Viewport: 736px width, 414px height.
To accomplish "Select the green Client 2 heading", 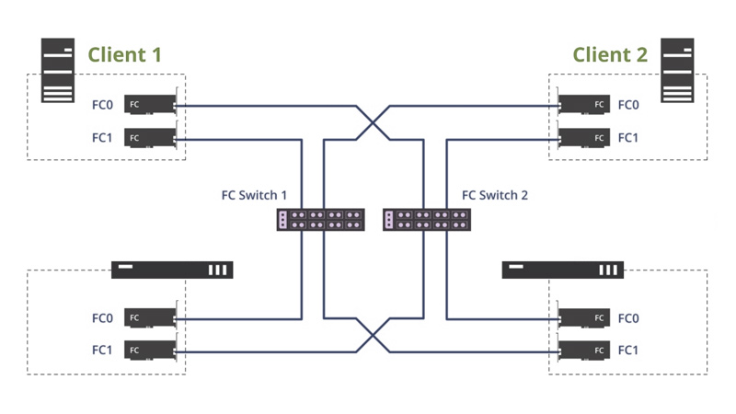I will tap(610, 54).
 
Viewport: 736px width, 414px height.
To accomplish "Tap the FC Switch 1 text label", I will tap(255, 195).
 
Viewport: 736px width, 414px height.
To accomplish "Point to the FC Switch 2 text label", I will tap(495, 195).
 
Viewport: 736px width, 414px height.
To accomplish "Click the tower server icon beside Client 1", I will tap(56, 71).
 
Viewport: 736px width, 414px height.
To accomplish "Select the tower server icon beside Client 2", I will tap(678, 71).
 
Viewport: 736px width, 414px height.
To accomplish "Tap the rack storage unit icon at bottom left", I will tap(172, 270).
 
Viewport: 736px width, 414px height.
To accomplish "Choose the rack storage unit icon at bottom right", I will tap(562, 270).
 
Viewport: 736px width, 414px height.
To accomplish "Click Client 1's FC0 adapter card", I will tap(149, 105).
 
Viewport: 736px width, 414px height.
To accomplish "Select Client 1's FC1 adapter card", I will tap(149, 138).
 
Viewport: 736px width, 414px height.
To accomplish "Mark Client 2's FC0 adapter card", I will tap(584, 105).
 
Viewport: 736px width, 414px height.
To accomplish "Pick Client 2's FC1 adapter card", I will tap(584, 138).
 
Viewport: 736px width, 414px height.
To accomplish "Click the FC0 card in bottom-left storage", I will tap(149, 318).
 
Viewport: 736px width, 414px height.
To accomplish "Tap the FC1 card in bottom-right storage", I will tap(584, 351).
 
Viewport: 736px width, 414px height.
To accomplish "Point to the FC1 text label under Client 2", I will tap(628, 138).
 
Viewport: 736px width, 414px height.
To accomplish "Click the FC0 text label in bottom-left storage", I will tap(102, 318).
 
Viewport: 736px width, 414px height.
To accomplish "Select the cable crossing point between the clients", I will tap(373, 122).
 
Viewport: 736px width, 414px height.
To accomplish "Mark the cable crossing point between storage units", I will tap(373, 335).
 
